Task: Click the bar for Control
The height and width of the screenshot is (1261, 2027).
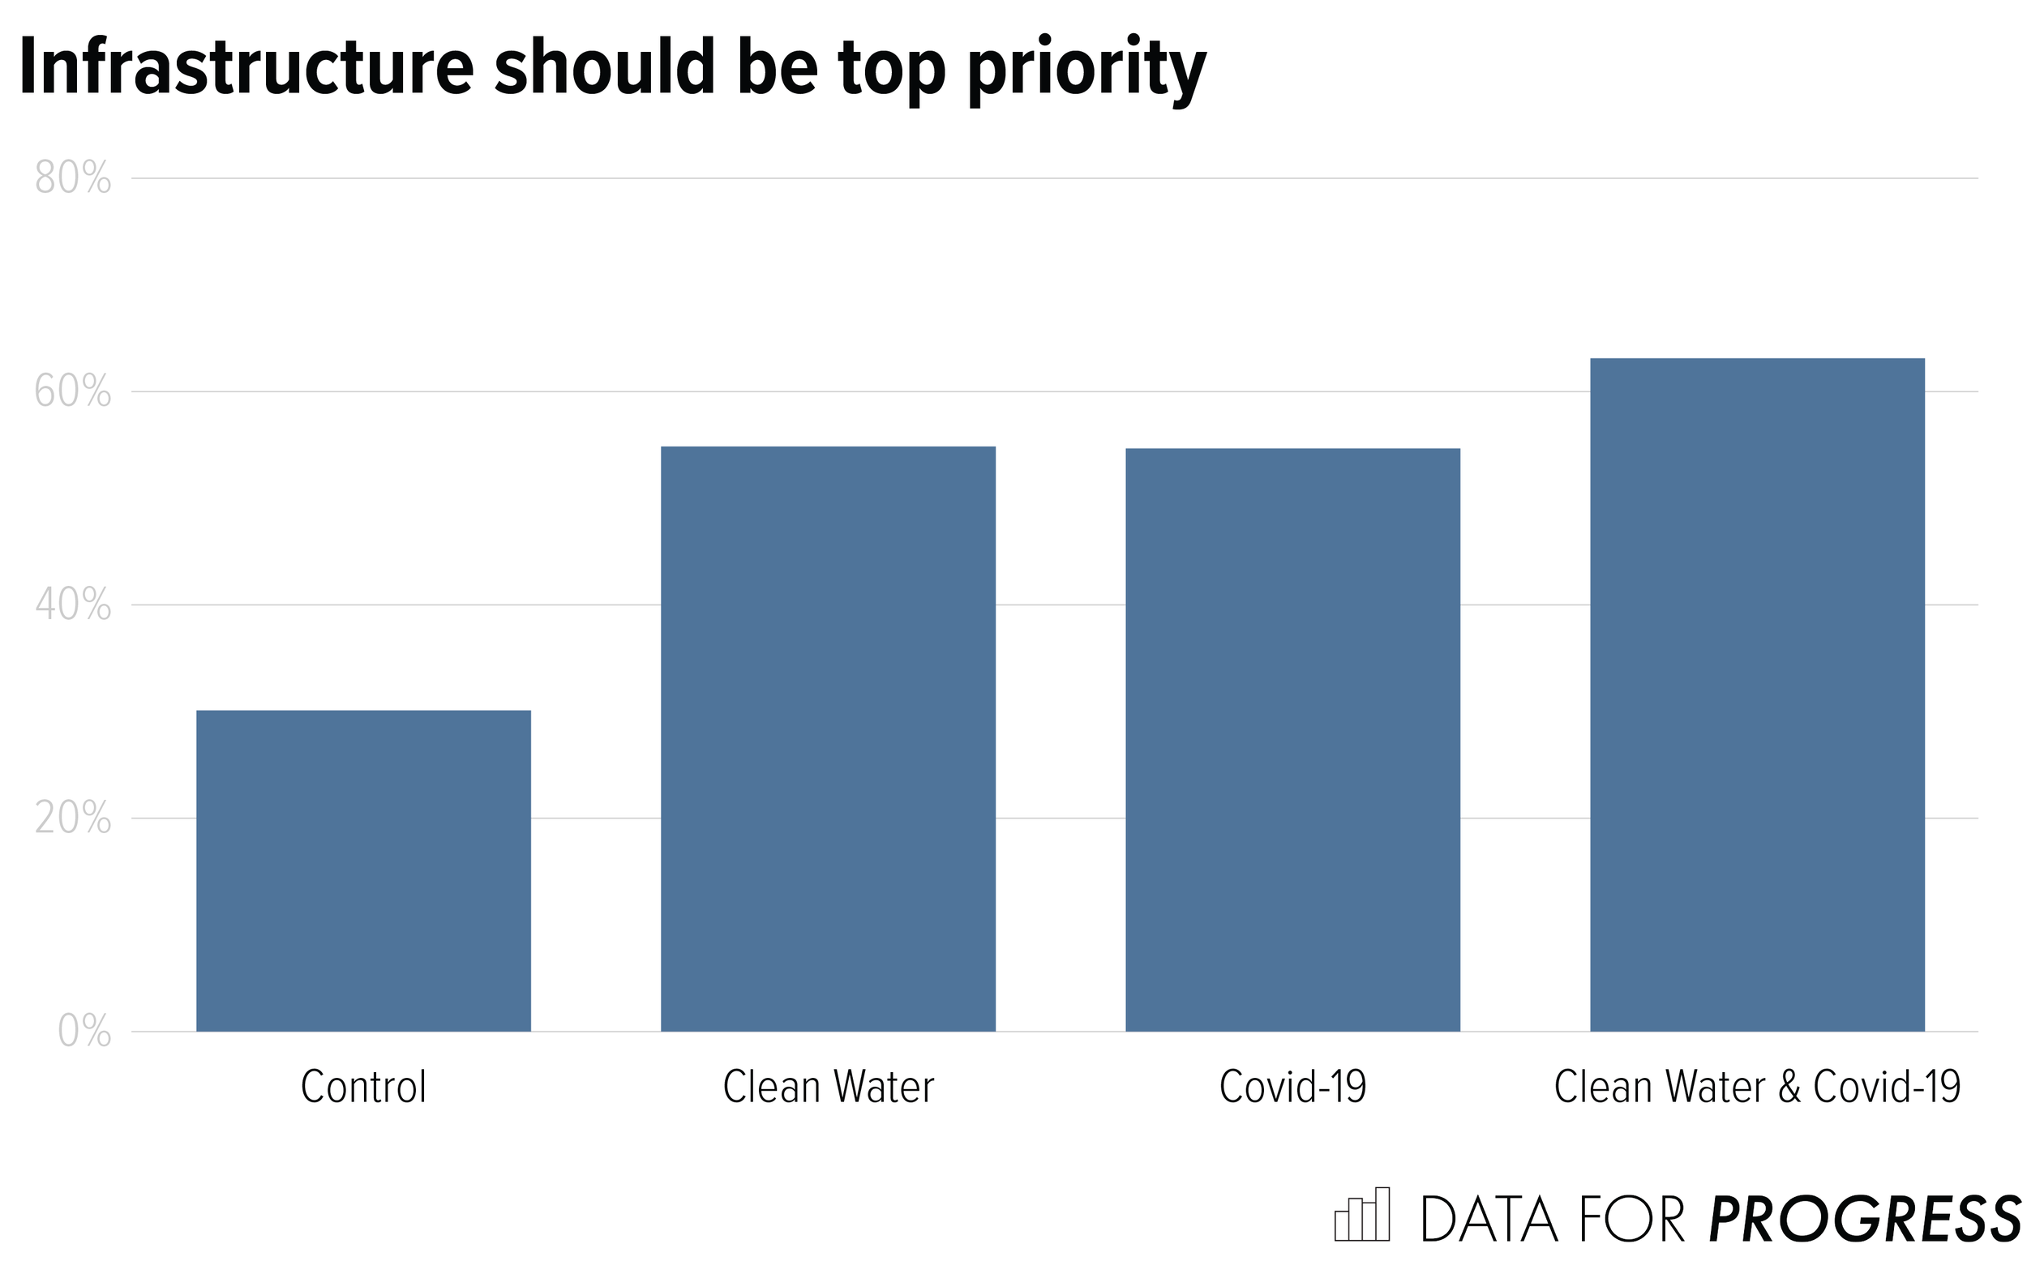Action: pyautogui.click(x=363, y=870)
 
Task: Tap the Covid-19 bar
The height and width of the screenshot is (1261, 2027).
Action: pyautogui.click(x=1292, y=740)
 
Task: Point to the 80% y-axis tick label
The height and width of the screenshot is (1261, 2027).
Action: pyautogui.click(x=73, y=178)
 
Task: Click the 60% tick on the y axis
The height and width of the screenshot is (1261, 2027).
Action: pyautogui.click(x=73, y=392)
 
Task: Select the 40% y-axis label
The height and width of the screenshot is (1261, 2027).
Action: pyautogui.click(x=73, y=605)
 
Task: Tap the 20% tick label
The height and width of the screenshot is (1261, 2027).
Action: pyautogui.click(x=73, y=819)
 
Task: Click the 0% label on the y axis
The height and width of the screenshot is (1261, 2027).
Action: pyautogui.click(x=84, y=1032)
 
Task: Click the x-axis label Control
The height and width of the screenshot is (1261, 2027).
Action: pyautogui.click(x=363, y=1088)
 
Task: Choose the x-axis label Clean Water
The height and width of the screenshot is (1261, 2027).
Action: pyautogui.click(x=828, y=1088)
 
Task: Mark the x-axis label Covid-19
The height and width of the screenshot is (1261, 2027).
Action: pyautogui.click(x=1292, y=1088)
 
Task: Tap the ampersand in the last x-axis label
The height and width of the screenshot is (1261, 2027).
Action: pyautogui.click(x=1789, y=1088)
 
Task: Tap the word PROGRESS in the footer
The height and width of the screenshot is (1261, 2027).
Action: pyautogui.click(x=1865, y=1220)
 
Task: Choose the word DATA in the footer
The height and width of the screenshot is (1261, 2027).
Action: pyautogui.click(x=1488, y=1220)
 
